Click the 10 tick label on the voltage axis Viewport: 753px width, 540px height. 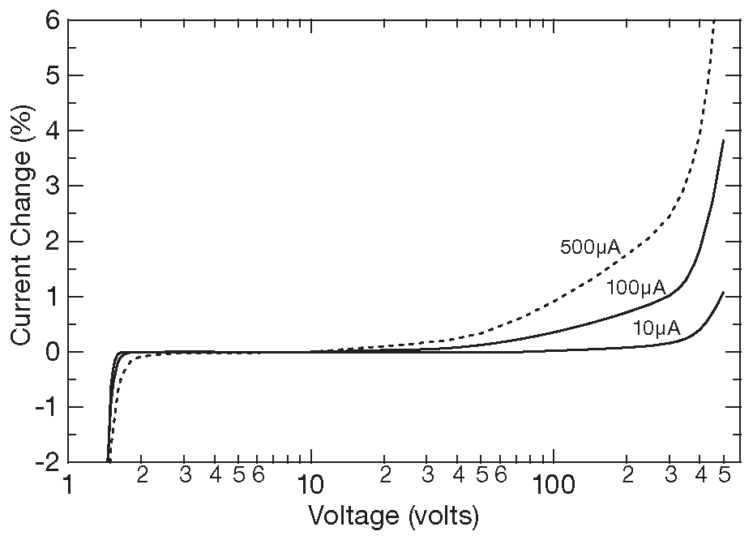click(x=310, y=486)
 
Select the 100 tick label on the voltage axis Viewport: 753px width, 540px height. click(x=554, y=486)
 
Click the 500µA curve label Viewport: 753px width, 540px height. click(x=590, y=247)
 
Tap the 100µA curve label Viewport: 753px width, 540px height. click(x=635, y=287)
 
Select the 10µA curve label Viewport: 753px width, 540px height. click(x=657, y=328)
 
